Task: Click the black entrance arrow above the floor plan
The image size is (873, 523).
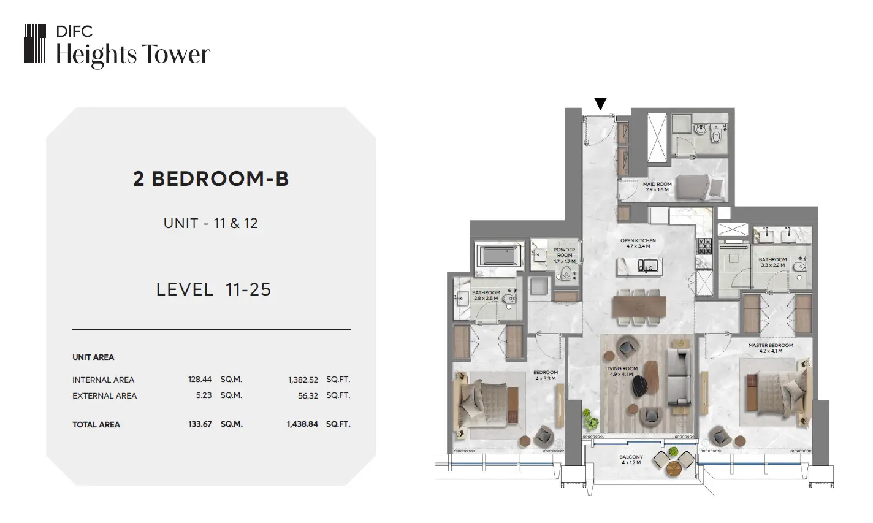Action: point(600,104)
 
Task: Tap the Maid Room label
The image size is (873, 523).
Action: point(657,186)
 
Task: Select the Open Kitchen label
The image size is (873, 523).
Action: point(638,243)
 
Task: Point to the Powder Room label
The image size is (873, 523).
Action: point(564,255)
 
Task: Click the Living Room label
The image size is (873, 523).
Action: point(621,372)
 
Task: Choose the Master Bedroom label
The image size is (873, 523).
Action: point(771,348)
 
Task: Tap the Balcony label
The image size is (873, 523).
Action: point(631,459)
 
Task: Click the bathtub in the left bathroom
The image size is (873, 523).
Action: point(499,256)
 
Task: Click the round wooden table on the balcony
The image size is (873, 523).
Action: point(673,469)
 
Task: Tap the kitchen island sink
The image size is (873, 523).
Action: point(647,265)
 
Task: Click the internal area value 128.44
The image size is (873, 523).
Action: point(199,379)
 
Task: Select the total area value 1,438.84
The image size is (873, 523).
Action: point(302,424)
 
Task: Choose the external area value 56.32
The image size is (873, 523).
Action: point(308,395)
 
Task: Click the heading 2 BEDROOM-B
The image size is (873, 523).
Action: point(211,179)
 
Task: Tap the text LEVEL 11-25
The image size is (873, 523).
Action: point(213,289)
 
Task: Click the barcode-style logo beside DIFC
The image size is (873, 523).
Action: point(35,44)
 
